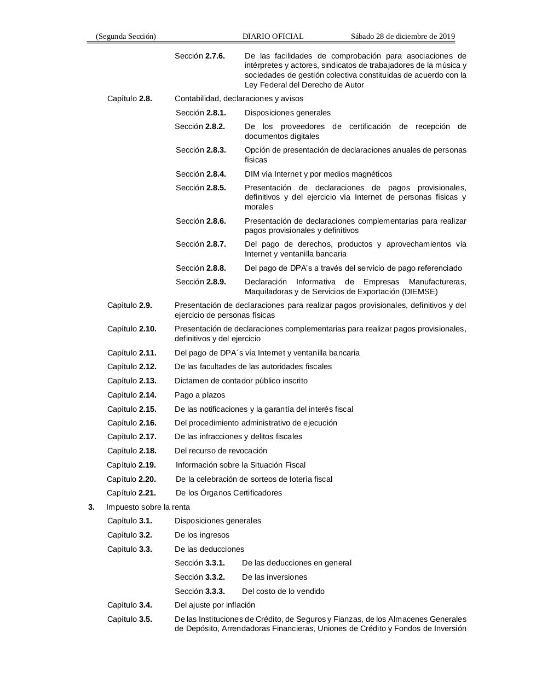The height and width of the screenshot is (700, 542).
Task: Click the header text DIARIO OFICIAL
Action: pyautogui.click(x=273, y=36)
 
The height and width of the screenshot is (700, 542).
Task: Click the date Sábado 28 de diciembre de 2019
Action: pyautogui.click(x=402, y=36)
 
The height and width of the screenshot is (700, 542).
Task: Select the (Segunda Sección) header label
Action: pyautogui.click(x=125, y=36)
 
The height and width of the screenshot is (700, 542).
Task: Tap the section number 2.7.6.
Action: pyautogui.click(x=215, y=56)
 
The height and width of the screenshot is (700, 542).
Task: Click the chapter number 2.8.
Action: pyautogui.click(x=146, y=98)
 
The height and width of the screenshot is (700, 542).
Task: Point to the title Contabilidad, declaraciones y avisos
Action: pyautogui.click(x=239, y=98)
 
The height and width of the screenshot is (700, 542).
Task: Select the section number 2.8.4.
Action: pyautogui.click(x=216, y=174)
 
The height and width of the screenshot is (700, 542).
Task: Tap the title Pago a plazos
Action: pyautogui.click(x=200, y=395)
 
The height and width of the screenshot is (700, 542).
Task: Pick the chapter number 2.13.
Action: pyautogui.click(x=148, y=381)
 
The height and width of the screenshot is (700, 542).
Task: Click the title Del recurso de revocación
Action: pyautogui.click(x=221, y=451)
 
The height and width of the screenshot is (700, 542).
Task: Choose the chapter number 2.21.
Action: pyautogui.click(x=147, y=493)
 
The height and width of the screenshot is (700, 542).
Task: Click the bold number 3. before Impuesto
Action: pyautogui.click(x=91, y=507)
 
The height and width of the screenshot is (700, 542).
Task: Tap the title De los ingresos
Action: pyautogui.click(x=202, y=535)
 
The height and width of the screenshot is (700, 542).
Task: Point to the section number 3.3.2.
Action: pyautogui.click(x=215, y=577)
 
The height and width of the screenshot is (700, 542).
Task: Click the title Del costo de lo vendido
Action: pyautogui.click(x=283, y=591)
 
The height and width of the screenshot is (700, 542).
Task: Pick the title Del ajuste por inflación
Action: pyautogui.click(x=215, y=605)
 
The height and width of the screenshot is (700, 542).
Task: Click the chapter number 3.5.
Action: pyautogui.click(x=146, y=619)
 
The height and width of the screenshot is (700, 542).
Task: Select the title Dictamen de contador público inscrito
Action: pyautogui.click(x=241, y=381)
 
